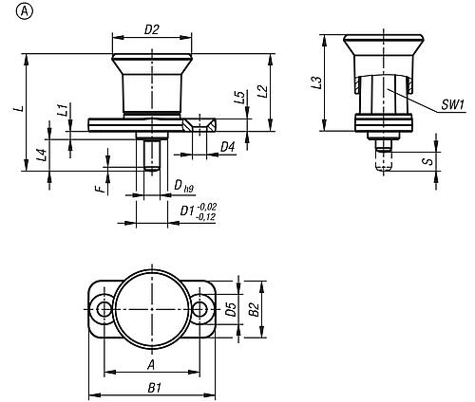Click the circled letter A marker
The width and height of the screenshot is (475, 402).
coord(24,12)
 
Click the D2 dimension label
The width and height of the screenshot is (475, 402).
coord(151,29)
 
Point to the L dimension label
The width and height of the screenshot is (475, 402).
coord(20,108)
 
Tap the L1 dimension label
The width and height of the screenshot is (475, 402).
coord(64,110)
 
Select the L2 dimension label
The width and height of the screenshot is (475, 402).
coord(262,92)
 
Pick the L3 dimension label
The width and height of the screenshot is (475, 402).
coord(317,82)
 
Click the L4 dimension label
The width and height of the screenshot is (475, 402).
coord(42,155)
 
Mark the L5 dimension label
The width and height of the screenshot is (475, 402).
coord(240,98)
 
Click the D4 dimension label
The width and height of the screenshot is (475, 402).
coord(228,147)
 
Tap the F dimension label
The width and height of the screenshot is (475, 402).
coord(100,190)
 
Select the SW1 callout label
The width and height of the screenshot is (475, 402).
coord(453,105)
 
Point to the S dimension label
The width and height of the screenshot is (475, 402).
coord(428,161)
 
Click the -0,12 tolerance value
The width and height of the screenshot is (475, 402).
coord(205,217)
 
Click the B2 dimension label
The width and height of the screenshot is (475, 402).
coord(254,309)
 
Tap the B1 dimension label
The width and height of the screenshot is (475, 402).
coord(155,388)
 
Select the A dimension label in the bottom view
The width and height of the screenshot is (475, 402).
coord(152,365)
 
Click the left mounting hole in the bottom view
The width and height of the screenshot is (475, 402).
coord(104,309)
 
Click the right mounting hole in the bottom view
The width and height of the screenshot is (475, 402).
coord(199,309)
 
